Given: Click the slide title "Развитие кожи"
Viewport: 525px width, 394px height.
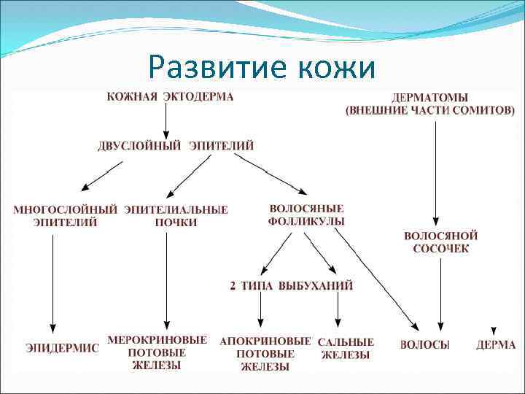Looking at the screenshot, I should coord(262,68).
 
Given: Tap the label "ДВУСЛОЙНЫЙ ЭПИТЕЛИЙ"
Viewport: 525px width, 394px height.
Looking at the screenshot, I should coord(176,145).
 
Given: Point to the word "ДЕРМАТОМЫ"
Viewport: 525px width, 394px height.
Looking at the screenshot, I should coord(429,97).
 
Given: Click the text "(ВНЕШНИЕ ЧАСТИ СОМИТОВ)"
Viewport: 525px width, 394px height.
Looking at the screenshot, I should coord(429,110).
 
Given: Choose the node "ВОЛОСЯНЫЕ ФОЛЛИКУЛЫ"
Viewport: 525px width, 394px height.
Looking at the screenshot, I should coord(306,215).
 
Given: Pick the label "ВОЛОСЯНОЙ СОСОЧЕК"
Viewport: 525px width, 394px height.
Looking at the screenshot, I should coord(440,242).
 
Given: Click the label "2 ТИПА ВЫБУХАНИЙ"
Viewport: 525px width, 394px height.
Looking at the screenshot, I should coord(292,286).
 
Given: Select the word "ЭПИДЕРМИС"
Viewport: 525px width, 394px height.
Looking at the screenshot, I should coord(62,348).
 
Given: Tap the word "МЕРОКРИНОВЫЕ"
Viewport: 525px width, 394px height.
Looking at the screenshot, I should coord(157,340).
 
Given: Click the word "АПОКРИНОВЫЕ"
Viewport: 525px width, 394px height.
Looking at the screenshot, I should coord(265,341).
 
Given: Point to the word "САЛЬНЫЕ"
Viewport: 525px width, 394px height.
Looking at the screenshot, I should coord(346,341).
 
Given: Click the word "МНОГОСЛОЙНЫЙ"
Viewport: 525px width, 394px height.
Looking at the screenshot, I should coord(65,209).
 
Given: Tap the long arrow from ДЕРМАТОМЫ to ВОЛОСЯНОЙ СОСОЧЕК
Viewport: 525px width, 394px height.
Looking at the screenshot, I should coord(435,171).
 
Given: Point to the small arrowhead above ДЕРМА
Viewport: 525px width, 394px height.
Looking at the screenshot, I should coord(494,331).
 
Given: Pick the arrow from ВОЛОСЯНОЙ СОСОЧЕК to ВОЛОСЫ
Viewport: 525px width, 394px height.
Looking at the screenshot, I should coord(440,292).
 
